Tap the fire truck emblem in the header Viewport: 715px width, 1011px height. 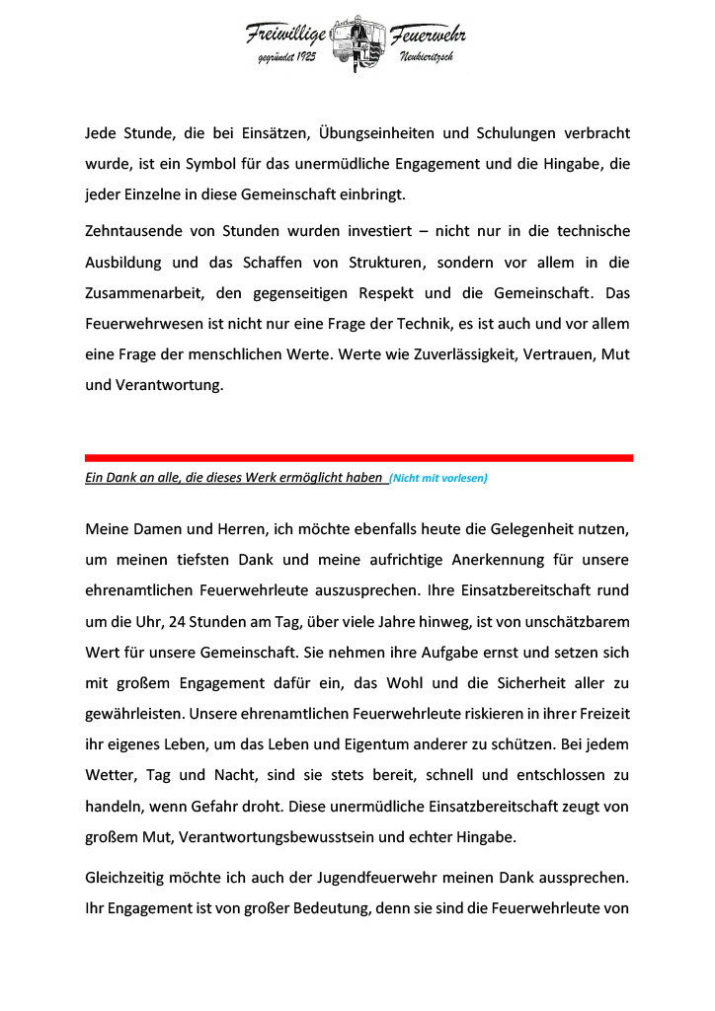357,43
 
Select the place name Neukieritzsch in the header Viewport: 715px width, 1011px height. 427,60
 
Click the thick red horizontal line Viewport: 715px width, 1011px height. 358,458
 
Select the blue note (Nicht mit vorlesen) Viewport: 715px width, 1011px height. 438,479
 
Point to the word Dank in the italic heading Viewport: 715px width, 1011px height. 113,478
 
